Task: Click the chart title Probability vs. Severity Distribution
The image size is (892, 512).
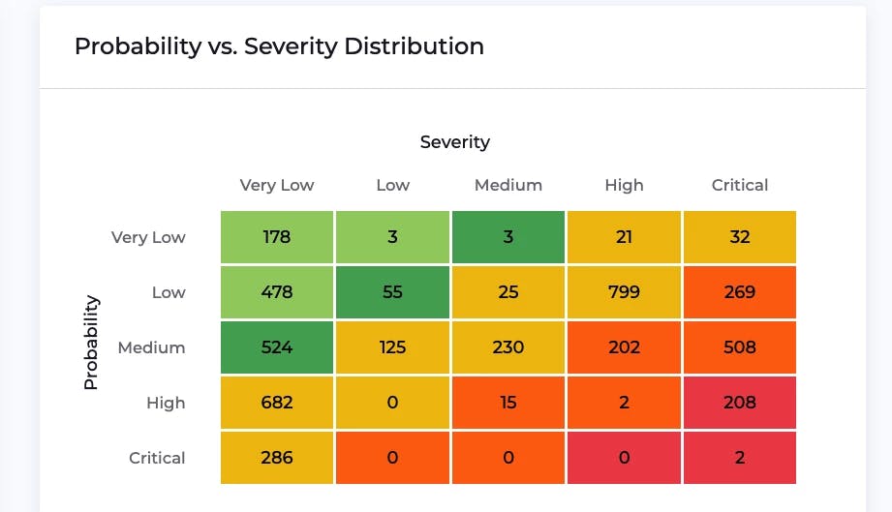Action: click(x=279, y=45)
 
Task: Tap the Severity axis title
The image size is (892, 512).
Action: click(x=454, y=142)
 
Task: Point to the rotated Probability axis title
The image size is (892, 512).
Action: click(x=91, y=343)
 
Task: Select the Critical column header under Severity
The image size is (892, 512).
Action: click(x=739, y=185)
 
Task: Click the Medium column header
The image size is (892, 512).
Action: click(x=508, y=185)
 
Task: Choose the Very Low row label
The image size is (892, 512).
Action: click(x=148, y=237)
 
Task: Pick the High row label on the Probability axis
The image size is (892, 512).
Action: click(x=166, y=403)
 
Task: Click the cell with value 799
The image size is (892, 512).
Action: click(x=624, y=292)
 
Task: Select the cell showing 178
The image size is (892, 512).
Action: click(x=277, y=237)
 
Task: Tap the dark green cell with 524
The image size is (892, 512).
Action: click(x=277, y=347)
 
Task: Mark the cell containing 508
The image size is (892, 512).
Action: click(x=739, y=347)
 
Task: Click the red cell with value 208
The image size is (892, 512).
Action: click(x=739, y=403)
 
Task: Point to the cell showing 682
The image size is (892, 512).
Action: click(x=277, y=403)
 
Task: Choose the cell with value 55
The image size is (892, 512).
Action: click(x=392, y=292)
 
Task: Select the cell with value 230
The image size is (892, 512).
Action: click(x=508, y=347)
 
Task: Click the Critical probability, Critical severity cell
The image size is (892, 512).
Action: click(x=739, y=458)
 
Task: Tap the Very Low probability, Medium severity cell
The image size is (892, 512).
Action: click(x=508, y=237)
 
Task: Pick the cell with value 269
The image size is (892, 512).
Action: click(x=739, y=292)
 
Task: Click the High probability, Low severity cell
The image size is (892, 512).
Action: click(x=392, y=403)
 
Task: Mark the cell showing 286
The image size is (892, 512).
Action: click(x=277, y=458)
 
